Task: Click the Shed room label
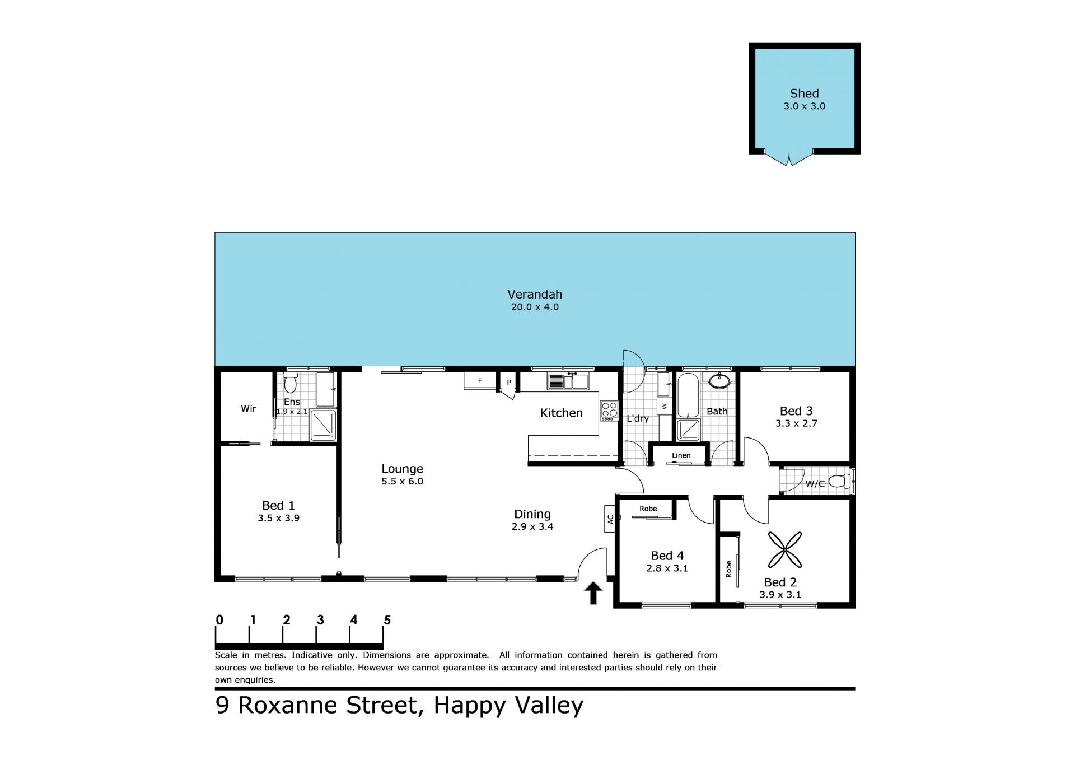(x=804, y=94)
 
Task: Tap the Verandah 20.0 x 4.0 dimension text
(x=535, y=307)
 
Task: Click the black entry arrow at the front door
(x=593, y=593)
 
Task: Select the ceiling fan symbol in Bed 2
(x=784, y=549)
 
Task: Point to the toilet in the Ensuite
(x=290, y=383)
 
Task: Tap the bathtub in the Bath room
(x=688, y=396)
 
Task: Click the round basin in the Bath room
(x=719, y=381)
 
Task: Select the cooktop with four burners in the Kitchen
(x=609, y=411)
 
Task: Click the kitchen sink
(x=568, y=381)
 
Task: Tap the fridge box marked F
(x=480, y=381)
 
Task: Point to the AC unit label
(x=610, y=519)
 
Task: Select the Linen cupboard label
(x=681, y=455)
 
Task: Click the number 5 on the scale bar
(x=387, y=620)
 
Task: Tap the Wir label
(x=249, y=409)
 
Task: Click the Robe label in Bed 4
(x=648, y=509)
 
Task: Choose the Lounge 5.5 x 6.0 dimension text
(x=402, y=481)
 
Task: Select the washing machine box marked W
(x=665, y=405)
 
